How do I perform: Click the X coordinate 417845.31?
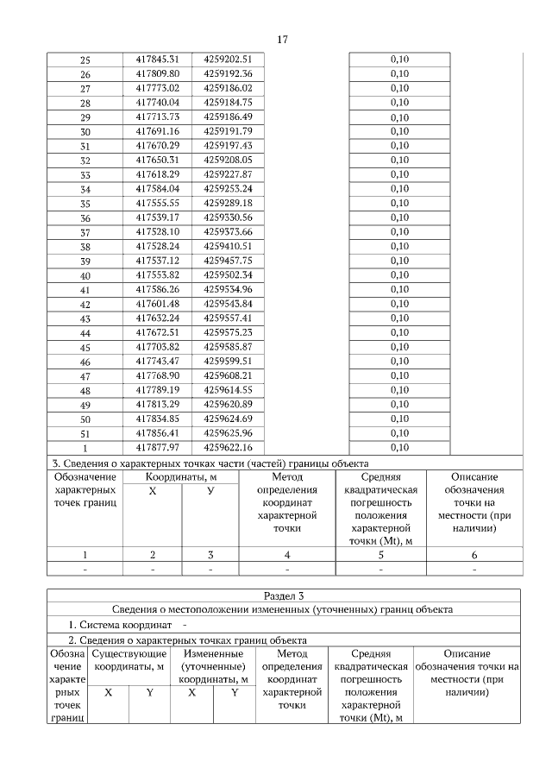coord(156,59)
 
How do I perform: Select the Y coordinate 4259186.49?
coord(228,117)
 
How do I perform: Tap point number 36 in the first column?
coord(85,218)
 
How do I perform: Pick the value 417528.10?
coord(156,231)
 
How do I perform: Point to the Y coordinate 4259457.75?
coord(228,261)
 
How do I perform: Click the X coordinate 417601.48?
coord(156,304)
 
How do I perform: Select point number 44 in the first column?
coord(85,333)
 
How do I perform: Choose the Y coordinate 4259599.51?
coord(228,361)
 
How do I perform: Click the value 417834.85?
coord(156,419)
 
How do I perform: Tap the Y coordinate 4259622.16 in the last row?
coord(228,447)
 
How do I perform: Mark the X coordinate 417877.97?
coord(156,447)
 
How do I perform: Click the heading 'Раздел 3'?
coord(283,595)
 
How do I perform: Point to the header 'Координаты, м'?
coord(180,476)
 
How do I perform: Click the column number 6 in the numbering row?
coord(474,555)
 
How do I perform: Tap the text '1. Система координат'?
coord(121,624)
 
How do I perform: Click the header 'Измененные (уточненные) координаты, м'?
coord(213,666)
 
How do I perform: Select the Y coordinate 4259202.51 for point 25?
coord(228,59)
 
